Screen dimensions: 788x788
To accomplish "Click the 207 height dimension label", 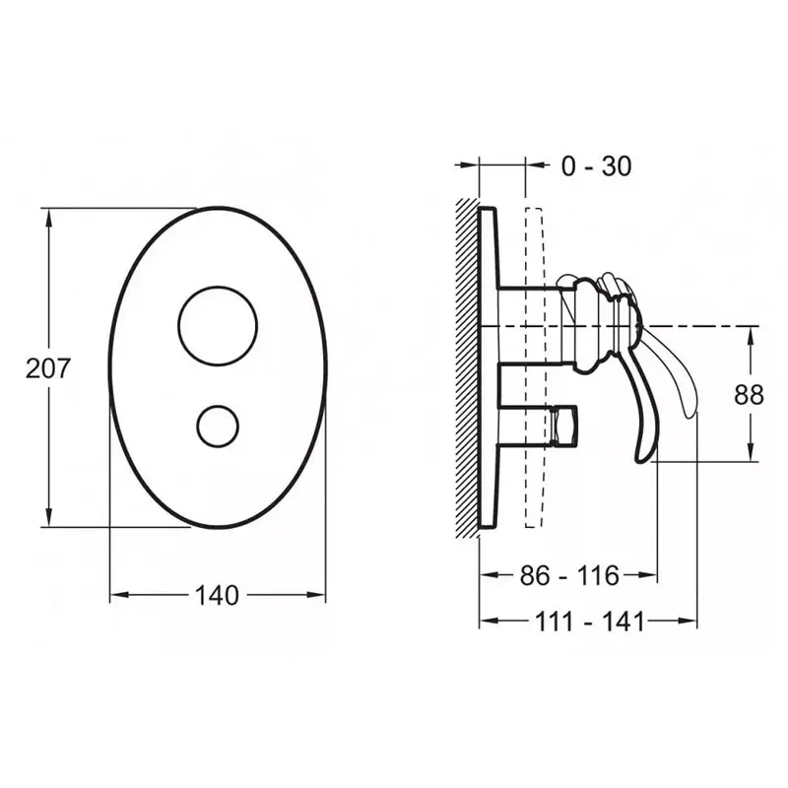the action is click(47, 368).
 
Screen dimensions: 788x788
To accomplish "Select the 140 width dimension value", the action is click(217, 595).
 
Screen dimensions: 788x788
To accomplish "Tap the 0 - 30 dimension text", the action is click(596, 165).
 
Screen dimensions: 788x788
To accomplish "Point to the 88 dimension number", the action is click(749, 395).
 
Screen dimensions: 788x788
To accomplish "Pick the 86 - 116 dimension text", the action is click(569, 575).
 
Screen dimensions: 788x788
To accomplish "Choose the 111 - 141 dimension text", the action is click(589, 623).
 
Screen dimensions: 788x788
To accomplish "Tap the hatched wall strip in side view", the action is click(466, 367).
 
